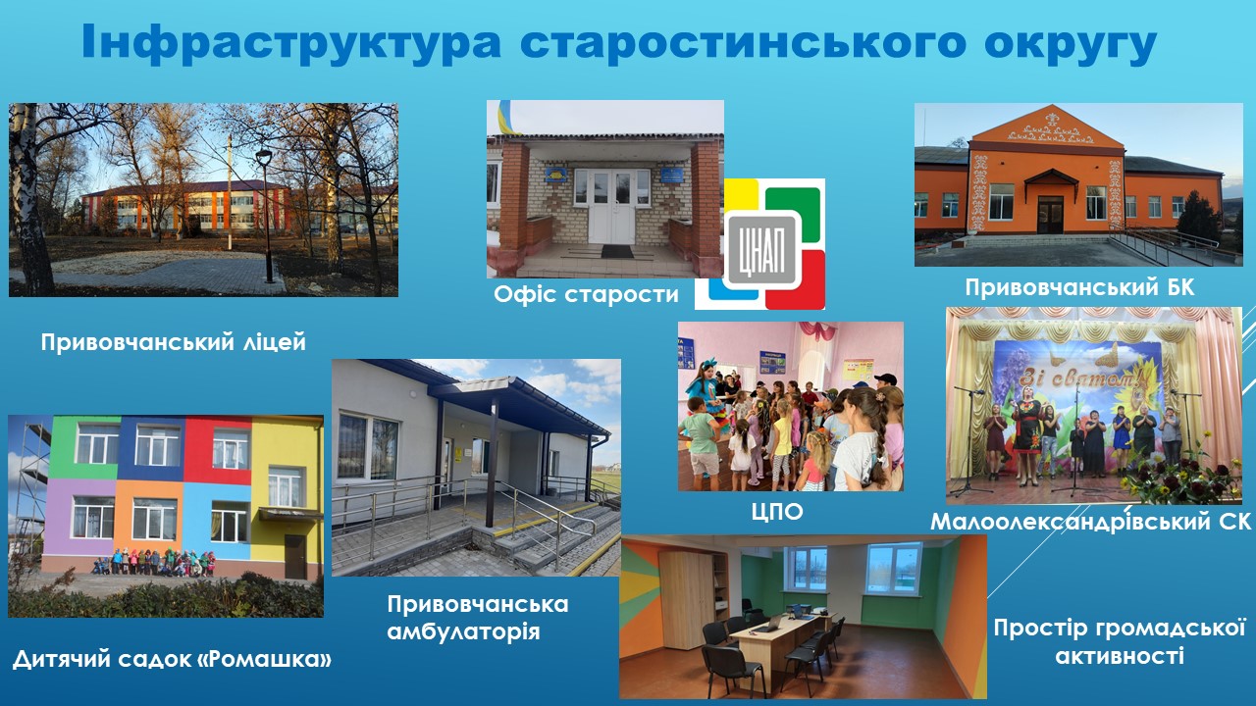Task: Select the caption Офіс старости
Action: tap(586, 294)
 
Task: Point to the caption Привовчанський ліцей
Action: tap(174, 342)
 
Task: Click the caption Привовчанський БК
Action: tap(1079, 287)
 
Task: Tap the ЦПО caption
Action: tap(777, 512)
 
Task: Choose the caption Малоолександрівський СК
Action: tap(1091, 521)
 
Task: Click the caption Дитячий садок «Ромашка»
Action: tap(172, 659)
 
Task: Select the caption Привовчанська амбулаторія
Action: tap(478, 618)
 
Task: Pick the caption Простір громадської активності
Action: tap(1120, 641)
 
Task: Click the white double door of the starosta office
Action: tap(611, 206)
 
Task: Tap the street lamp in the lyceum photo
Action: tap(265, 216)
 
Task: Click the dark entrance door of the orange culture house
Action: tap(1050, 214)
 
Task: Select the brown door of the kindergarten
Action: tap(295, 556)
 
